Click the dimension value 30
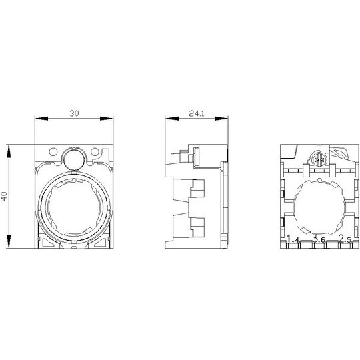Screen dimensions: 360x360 click(74, 113)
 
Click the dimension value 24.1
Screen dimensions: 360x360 click(197, 113)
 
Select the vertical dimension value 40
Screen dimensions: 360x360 click(5, 196)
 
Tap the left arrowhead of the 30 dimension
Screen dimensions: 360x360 click(41, 119)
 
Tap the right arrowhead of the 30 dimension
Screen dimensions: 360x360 click(107, 119)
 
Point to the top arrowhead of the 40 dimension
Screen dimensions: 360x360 click(9, 151)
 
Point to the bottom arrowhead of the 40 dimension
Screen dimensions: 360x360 click(9, 241)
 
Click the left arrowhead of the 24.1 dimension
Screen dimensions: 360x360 click(172, 119)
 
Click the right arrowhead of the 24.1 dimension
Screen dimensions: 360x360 click(221, 119)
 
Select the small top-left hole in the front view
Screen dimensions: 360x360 click(53, 151)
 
